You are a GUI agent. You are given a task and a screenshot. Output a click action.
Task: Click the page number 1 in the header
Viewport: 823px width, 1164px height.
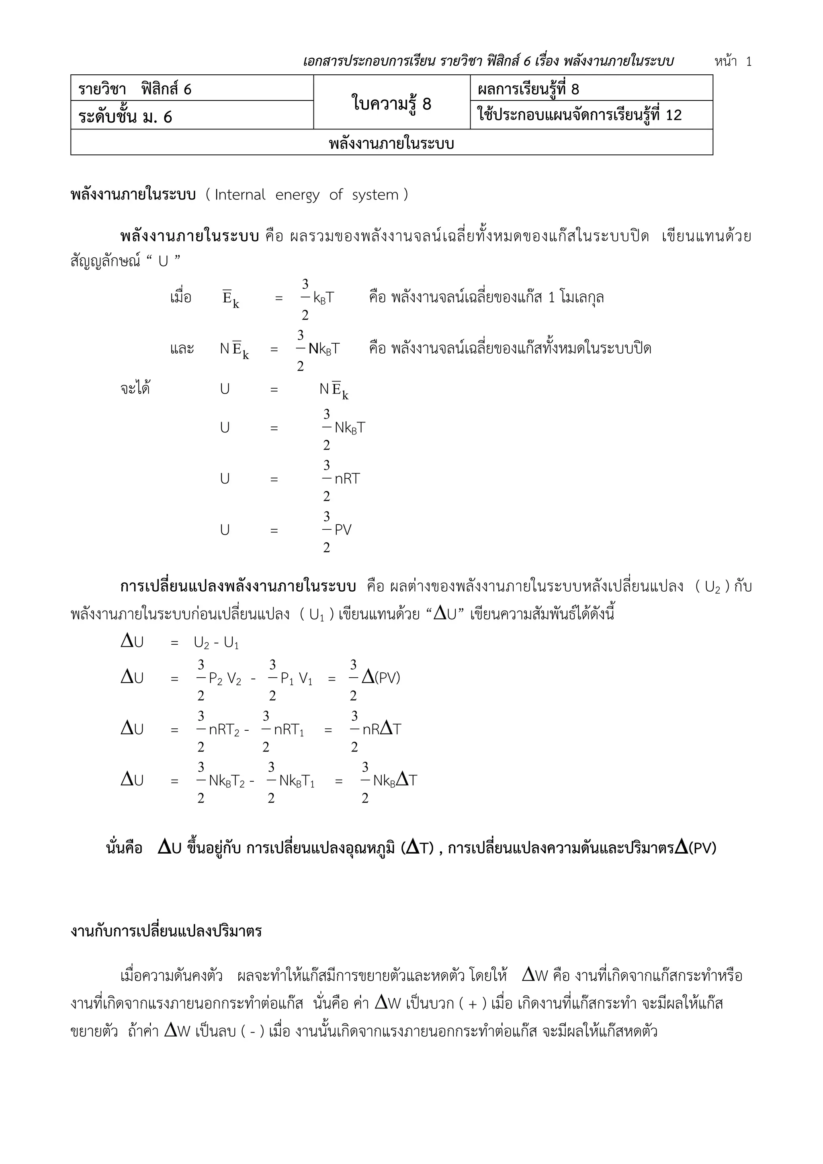[x=749, y=62]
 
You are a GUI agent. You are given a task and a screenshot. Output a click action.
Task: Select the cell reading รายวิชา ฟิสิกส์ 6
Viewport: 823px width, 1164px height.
[x=135, y=89]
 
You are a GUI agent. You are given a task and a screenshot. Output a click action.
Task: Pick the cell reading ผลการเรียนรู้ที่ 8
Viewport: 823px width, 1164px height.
[x=528, y=89]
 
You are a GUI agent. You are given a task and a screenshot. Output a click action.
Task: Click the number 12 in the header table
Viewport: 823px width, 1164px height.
[x=674, y=115]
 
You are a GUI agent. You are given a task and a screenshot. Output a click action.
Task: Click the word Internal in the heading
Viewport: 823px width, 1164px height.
[x=240, y=195]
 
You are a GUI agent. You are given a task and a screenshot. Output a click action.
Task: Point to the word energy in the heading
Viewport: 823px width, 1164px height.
[x=297, y=195]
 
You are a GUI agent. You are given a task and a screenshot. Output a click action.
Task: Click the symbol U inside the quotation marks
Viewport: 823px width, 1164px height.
[x=163, y=262]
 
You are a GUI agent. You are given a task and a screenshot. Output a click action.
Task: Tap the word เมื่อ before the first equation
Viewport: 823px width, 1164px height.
[x=181, y=297]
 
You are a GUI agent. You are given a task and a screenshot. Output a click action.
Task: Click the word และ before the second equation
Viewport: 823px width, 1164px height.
[x=182, y=349]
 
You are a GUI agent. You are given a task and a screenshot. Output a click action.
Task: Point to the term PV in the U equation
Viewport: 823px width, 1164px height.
[x=343, y=530]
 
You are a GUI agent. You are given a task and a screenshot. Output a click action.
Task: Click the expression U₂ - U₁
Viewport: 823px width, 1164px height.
[x=216, y=643]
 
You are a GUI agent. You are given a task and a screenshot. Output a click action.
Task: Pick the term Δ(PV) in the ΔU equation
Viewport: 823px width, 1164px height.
[x=381, y=677]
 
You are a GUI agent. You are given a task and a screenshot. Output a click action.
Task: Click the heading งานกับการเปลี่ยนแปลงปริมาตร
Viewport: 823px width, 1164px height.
[x=166, y=931]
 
